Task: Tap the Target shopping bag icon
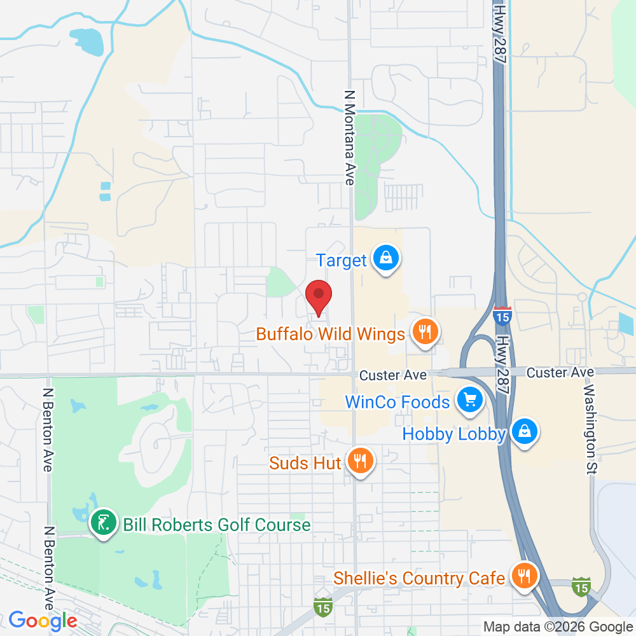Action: pyautogui.click(x=385, y=258)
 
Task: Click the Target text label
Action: pyautogui.click(x=342, y=260)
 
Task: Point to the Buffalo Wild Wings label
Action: pyautogui.click(x=330, y=334)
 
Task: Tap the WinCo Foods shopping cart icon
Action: pyautogui.click(x=470, y=400)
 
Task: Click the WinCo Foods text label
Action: pyautogui.click(x=397, y=402)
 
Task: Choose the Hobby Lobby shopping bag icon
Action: pyautogui.click(x=525, y=432)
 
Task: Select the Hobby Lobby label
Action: pyautogui.click(x=454, y=434)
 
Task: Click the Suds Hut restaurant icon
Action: pyautogui.click(x=361, y=460)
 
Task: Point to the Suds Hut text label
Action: pyautogui.click(x=305, y=462)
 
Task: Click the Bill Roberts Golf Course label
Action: pyautogui.click(x=216, y=525)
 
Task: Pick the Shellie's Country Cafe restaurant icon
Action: pyautogui.click(x=525, y=576)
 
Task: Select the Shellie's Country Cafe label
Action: pyautogui.click(x=419, y=578)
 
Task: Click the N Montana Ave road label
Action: pyautogui.click(x=349, y=137)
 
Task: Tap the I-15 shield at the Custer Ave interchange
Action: pyautogui.click(x=502, y=314)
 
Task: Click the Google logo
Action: pyautogui.click(x=43, y=620)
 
